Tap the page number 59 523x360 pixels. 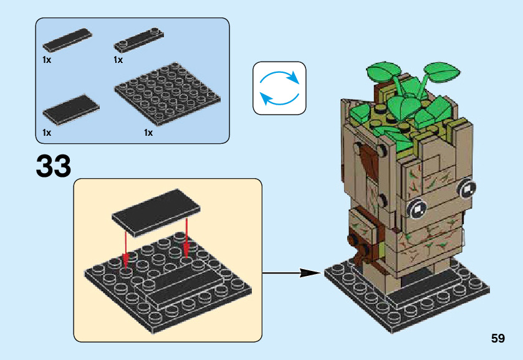(497, 339)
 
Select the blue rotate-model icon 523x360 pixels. (279, 88)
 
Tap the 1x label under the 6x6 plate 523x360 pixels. (148, 133)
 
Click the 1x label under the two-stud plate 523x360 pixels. (118, 60)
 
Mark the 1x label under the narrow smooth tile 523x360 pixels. (47, 60)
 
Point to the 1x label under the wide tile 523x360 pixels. (47, 133)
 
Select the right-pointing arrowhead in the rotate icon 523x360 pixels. (293, 80)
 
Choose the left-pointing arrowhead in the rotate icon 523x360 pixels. (264, 97)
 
